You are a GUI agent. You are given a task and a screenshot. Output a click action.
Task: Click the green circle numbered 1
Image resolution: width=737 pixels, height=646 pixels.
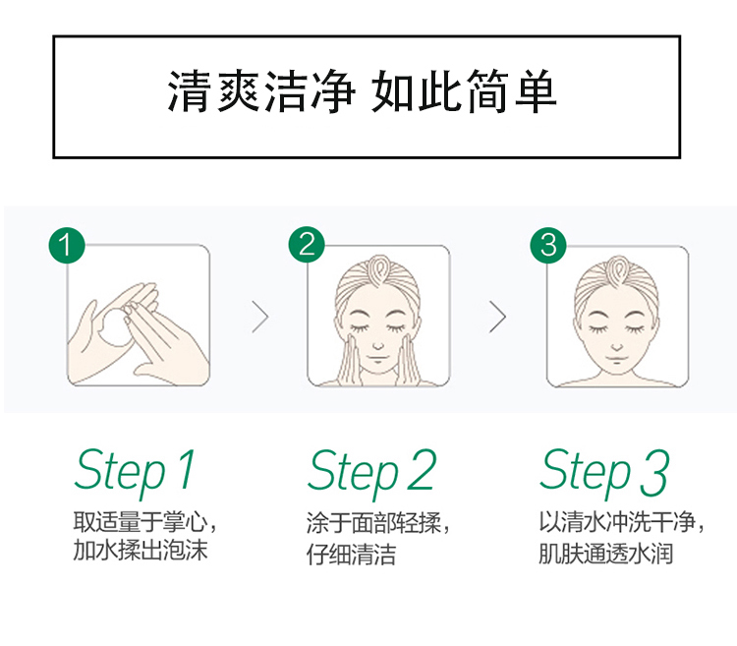(x=67, y=245)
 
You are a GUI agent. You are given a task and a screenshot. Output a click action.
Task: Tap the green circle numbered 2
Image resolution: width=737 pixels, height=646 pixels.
(x=307, y=245)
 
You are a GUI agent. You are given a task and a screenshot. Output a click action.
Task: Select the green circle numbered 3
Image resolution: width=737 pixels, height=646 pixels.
(x=548, y=245)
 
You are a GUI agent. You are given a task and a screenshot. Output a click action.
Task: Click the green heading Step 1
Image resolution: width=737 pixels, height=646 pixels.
(x=135, y=472)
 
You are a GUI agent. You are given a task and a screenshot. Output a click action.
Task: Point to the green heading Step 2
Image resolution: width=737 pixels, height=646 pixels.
(x=372, y=472)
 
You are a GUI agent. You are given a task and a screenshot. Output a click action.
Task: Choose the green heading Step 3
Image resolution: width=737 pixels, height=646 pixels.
(x=604, y=472)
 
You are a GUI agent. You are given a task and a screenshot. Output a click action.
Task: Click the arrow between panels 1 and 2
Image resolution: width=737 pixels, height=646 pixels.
(x=260, y=317)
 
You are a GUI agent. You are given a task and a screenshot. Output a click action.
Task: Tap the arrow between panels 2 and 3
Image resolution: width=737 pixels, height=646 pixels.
(x=498, y=317)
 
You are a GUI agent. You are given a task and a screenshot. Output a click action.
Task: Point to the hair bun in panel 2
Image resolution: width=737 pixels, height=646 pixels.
(x=378, y=271)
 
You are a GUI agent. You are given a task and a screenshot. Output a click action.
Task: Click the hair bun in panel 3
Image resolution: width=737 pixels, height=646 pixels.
(x=617, y=271)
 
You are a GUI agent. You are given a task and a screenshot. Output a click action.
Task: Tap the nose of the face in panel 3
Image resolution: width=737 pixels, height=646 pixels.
(x=617, y=348)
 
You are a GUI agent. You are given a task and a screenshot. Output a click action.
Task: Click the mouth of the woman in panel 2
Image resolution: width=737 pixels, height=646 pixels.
(x=378, y=359)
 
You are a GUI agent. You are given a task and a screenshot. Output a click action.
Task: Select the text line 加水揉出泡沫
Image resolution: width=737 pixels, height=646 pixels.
(x=141, y=550)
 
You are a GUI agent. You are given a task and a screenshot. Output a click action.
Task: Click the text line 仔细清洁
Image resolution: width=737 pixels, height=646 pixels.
(x=351, y=554)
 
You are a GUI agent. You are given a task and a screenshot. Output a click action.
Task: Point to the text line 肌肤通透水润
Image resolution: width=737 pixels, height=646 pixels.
(x=606, y=554)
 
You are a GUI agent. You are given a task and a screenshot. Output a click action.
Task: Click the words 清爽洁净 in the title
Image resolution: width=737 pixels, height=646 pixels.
(x=261, y=91)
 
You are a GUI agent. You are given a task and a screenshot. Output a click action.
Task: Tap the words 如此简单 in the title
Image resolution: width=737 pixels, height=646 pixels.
(x=465, y=91)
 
